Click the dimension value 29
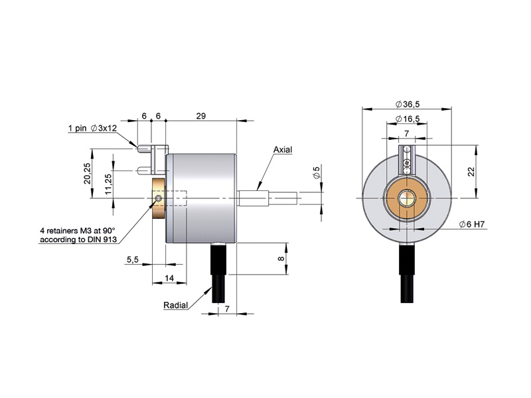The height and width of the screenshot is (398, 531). pos(201,115)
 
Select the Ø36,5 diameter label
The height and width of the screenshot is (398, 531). pos(408,104)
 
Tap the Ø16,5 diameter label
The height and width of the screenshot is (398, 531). pos(408,119)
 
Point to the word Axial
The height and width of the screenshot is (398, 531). pos(283,150)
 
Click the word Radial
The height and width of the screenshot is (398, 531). pos(175,305)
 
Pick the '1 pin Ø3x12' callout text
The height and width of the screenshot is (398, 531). pos(92,128)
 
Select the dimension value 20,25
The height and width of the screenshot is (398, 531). pos(88,173)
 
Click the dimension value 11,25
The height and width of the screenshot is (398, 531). pos(108,184)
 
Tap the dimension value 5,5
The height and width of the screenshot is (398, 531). pos(132,259)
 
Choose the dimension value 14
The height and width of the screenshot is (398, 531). pos(169,278)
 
